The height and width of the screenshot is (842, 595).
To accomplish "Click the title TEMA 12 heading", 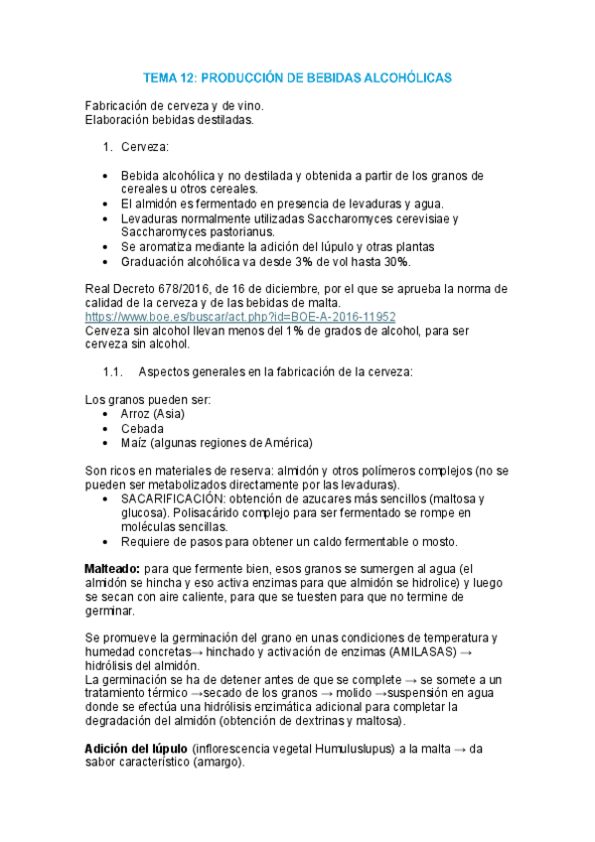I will coord(297,76).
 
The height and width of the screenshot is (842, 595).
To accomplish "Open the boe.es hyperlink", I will coord(240,317).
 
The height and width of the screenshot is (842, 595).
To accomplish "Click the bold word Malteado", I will coord(113,567).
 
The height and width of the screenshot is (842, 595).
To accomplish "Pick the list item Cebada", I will coord(143,428).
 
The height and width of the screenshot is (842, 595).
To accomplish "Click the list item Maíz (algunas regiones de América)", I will coord(217,442).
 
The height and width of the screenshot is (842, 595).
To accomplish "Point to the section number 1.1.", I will coord(112,372).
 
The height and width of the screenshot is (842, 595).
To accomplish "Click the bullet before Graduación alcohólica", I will coord(106,261).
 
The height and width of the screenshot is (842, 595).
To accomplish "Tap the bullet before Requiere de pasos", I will coord(106,541).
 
